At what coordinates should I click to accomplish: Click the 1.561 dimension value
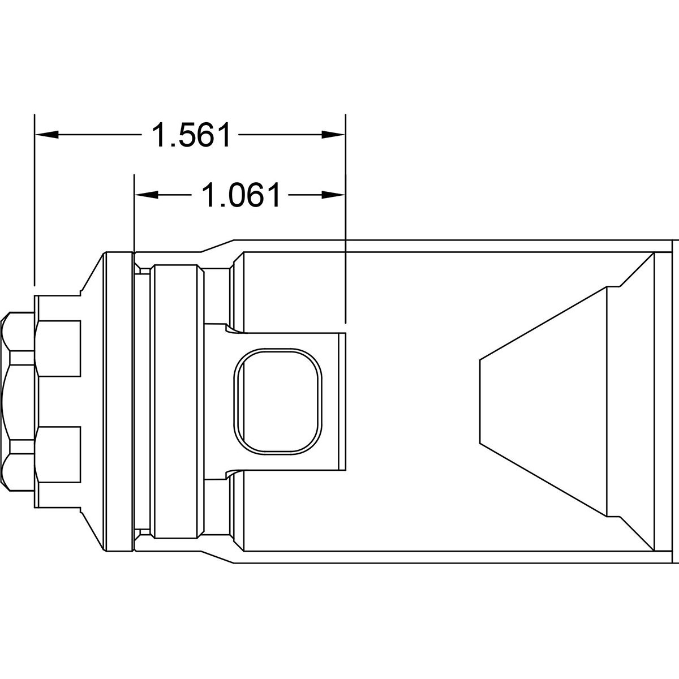[x=191, y=135]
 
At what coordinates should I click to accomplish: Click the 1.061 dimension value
[x=241, y=195]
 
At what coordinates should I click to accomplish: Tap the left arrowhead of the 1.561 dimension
[x=47, y=135]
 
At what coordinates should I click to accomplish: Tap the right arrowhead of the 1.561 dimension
[x=333, y=135]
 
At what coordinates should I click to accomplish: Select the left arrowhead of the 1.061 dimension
[x=147, y=195]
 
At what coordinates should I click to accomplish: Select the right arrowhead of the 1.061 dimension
[x=333, y=195]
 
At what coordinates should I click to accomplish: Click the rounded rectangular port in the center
[x=278, y=401]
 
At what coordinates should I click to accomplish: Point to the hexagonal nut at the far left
[x=18, y=401]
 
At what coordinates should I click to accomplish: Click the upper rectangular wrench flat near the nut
[x=58, y=349]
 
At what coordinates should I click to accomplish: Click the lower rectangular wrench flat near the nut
[x=58, y=454]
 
